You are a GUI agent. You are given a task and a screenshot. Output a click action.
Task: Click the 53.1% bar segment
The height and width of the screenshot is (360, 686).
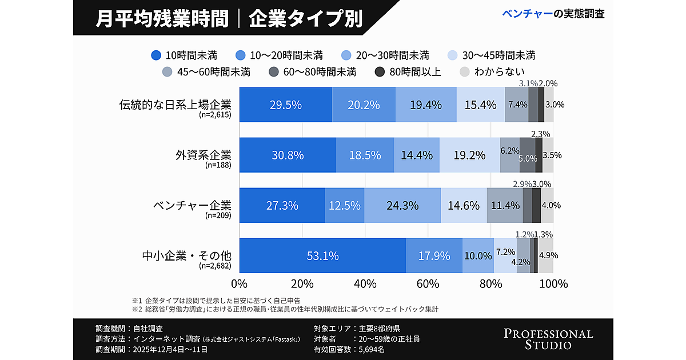(322, 256)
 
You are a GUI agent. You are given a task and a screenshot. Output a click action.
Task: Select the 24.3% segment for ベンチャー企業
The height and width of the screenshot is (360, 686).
(402, 206)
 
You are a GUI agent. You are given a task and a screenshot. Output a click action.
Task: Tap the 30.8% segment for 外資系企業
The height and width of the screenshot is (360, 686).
(288, 155)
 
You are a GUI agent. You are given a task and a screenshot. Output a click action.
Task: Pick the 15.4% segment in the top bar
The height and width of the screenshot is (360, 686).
(481, 105)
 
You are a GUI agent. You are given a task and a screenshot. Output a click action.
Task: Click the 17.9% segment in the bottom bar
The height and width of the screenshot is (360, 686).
(434, 256)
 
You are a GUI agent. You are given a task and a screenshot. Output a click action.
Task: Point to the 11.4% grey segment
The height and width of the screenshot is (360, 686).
(505, 206)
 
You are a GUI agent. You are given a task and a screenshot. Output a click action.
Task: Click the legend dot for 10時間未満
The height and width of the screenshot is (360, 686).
(156, 55)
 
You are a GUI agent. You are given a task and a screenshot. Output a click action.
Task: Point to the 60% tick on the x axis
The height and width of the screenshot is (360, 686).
(428, 283)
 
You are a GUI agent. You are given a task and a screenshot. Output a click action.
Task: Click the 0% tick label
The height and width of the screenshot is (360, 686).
(238, 283)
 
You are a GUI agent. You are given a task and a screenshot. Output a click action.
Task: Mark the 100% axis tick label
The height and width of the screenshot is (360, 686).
(553, 283)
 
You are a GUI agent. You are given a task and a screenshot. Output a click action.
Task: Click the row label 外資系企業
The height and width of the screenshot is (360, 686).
(203, 155)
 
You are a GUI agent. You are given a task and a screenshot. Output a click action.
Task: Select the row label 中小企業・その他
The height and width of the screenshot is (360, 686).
(186, 255)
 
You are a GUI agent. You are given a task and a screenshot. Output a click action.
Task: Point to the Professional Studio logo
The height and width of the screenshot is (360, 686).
(548, 339)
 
